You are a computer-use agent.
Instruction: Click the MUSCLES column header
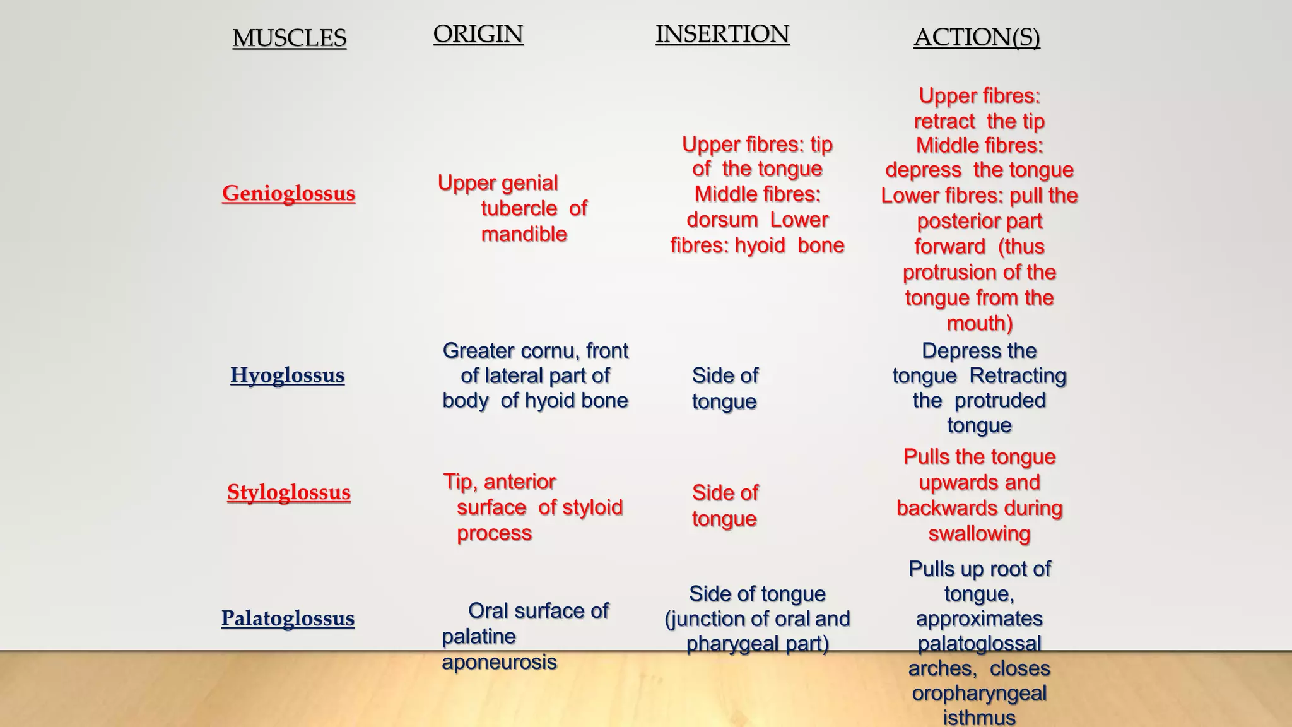pyautogui.click(x=289, y=38)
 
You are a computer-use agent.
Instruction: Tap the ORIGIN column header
pyautogui.click(x=478, y=34)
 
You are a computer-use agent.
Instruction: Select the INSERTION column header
pyautogui.click(x=722, y=34)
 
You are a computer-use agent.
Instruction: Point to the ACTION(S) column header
pyautogui.click(x=976, y=37)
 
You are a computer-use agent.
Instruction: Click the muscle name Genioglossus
pyautogui.click(x=288, y=193)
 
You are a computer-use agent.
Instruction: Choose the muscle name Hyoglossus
pyautogui.click(x=287, y=375)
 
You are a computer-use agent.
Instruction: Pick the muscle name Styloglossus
pyautogui.click(x=288, y=492)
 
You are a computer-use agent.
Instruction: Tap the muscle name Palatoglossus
pyautogui.click(x=288, y=618)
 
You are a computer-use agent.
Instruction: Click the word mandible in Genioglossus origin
pyautogui.click(x=524, y=234)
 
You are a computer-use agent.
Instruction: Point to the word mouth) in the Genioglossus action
pyautogui.click(x=979, y=323)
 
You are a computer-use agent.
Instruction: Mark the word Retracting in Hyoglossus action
pyautogui.click(x=1017, y=375)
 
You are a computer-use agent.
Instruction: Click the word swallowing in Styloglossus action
pyautogui.click(x=979, y=534)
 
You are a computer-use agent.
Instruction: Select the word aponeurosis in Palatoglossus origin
pyautogui.click(x=499, y=662)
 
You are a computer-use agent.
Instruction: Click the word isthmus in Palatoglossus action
pyautogui.click(x=979, y=718)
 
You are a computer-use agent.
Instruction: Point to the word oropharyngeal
pyautogui.click(x=979, y=693)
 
